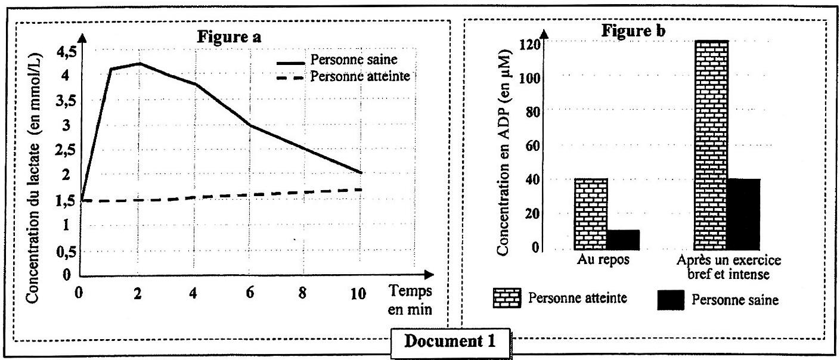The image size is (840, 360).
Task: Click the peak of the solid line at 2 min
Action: (138, 63)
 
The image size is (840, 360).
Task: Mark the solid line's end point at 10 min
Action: (361, 173)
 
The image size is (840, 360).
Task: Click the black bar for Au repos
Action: (623, 240)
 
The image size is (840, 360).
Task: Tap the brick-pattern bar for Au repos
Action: (591, 214)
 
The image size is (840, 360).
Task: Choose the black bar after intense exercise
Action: (744, 214)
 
